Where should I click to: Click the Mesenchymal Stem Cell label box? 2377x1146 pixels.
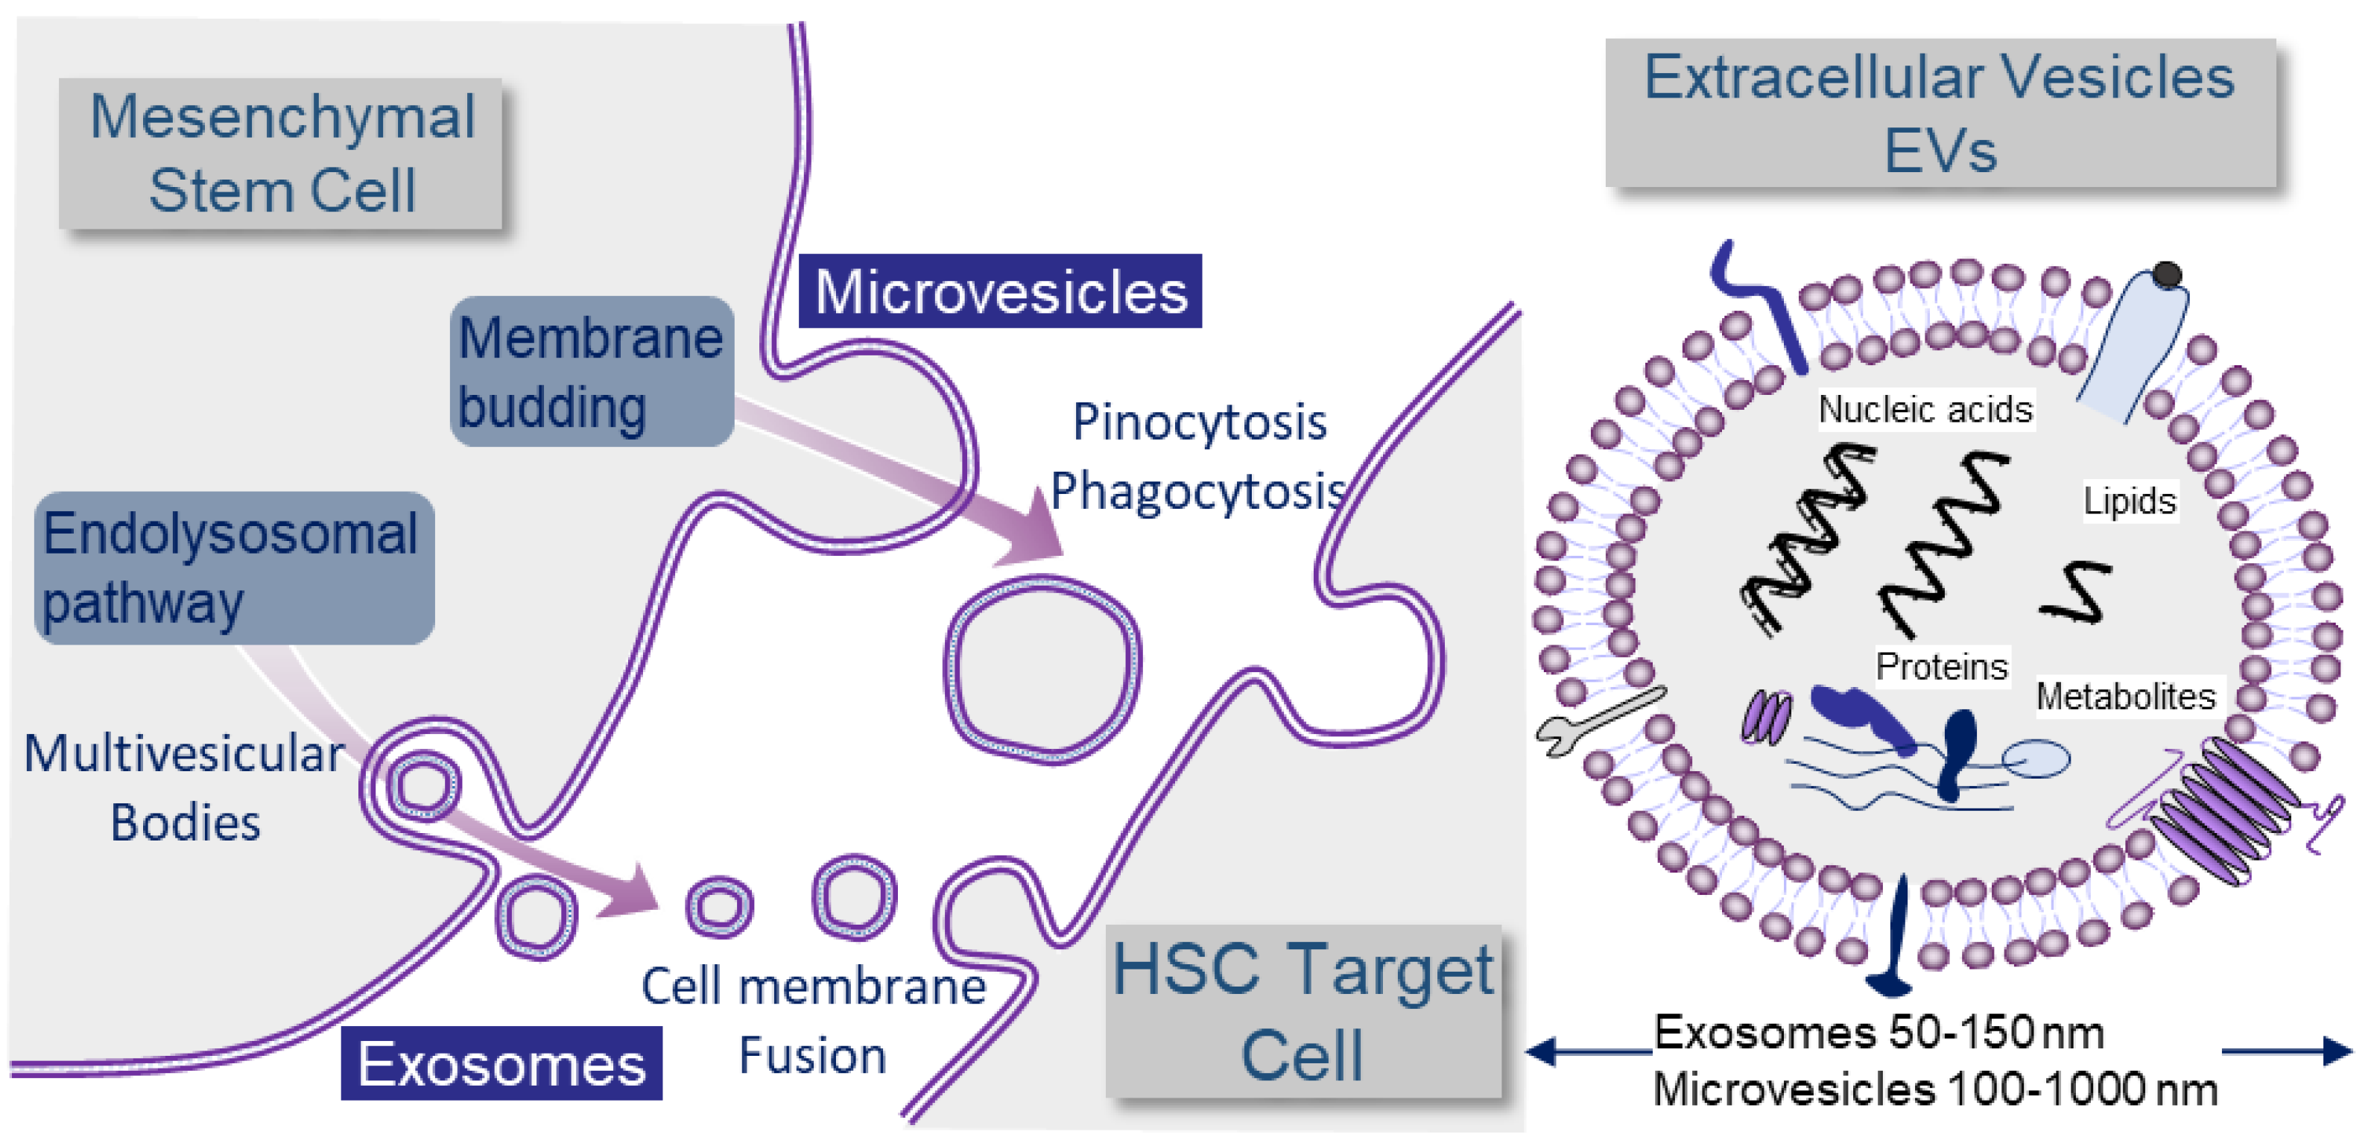click(282, 153)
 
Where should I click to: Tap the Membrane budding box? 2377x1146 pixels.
click(592, 372)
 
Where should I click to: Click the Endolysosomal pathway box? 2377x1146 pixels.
click(233, 568)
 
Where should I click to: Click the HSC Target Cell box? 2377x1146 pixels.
click(1303, 1012)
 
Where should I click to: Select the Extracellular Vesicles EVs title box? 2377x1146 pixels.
click(1940, 113)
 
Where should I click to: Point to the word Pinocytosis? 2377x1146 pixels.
click(1199, 422)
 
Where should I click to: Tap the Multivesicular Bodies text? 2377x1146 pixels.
click(185, 787)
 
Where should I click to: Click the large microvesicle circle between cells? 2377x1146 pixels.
click(1042, 669)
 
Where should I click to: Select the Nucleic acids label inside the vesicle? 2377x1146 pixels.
click(1925, 409)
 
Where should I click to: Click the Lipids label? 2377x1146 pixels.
click(2129, 501)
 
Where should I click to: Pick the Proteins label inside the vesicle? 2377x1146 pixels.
click(1941, 666)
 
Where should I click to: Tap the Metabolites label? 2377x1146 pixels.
click(2125, 696)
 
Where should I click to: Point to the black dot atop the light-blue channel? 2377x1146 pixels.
click(2168, 274)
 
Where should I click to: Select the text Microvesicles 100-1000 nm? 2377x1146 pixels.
click(1935, 1089)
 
